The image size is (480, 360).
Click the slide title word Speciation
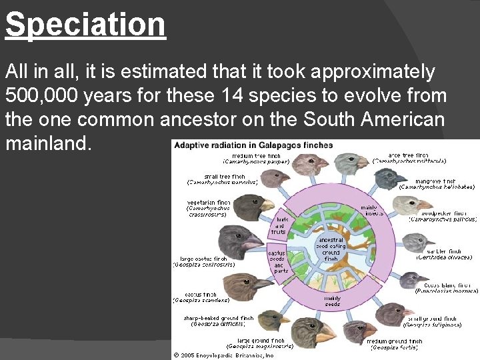(x=85, y=24)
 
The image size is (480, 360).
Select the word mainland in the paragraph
(x=47, y=143)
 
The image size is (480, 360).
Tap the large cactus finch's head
(x=239, y=238)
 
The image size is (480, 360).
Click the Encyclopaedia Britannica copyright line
(x=223, y=355)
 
